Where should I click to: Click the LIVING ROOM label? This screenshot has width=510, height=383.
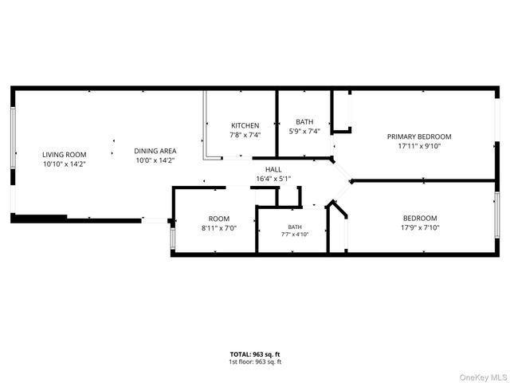pos(65,155)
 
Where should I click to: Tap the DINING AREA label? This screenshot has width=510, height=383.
pos(155,151)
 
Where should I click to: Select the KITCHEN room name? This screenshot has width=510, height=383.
pos(245,125)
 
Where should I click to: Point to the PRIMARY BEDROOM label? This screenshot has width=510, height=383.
pos(419,136)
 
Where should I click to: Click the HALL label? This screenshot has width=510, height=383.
pos(273,169)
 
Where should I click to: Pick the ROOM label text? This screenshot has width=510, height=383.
pos(219,219)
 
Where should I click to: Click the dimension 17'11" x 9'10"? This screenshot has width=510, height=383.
pos(419,146)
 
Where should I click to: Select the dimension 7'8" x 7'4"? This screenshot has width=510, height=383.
pos(245,135)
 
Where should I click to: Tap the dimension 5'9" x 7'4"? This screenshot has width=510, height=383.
pos(304,131)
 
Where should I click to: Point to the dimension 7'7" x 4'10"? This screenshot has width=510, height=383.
pos(295,234)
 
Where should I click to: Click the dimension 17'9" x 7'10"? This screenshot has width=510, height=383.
pos(420,227)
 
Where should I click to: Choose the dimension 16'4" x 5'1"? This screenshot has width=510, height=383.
pos(273,179)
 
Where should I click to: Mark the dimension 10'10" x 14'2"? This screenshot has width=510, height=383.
pos(65,164)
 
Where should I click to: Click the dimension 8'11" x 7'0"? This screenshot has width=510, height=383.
pos(219,228)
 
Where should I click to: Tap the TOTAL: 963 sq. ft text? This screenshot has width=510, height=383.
pos(255,354)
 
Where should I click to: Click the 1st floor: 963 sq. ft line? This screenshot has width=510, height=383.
pos(255,361)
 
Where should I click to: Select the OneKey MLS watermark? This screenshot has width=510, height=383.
pos(483,377)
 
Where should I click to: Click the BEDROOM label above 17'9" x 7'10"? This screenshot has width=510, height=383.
pos(420,218)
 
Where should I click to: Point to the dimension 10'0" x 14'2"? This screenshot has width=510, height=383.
pos(155,160)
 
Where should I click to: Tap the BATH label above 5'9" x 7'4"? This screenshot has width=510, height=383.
pos(304,122)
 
